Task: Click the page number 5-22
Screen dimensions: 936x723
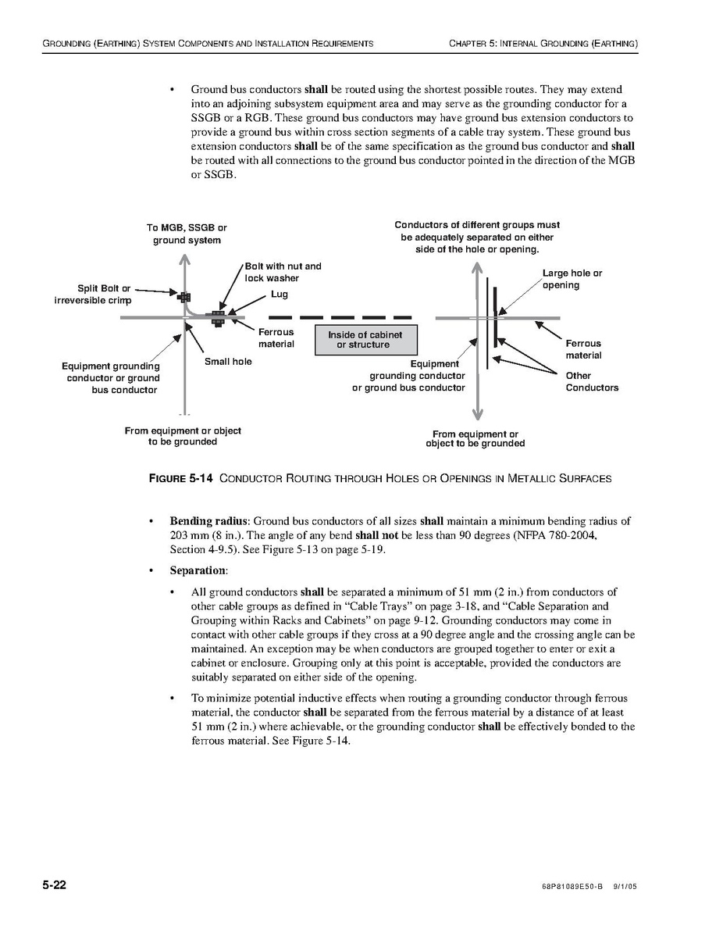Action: (54, 885)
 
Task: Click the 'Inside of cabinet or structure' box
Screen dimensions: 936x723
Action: (365, 340)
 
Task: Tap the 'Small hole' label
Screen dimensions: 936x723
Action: (228, 362)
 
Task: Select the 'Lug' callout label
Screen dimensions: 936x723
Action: (280, 295)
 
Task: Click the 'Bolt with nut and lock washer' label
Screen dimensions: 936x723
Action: (283, 272)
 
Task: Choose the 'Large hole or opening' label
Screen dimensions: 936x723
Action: (572, 279)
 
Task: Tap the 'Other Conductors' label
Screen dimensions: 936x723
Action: (591, 381)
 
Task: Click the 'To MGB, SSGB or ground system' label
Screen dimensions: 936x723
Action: (187, 234)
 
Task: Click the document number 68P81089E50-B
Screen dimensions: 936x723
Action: (572, 888)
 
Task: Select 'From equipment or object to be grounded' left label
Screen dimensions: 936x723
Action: (183, 436)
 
